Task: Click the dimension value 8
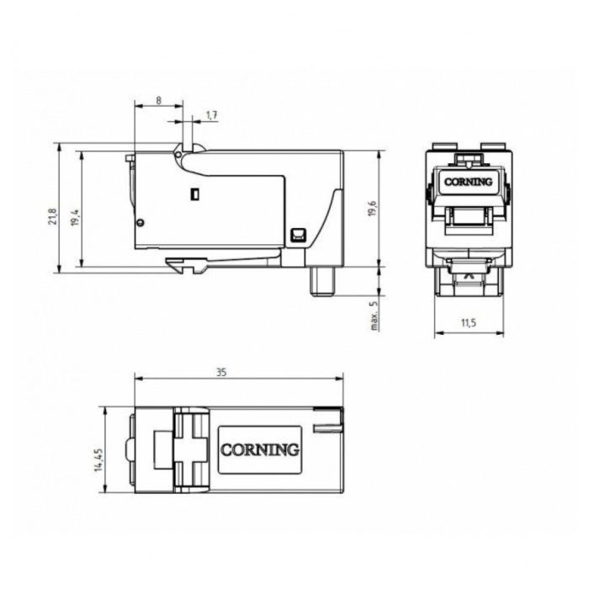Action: (x=158, y=100)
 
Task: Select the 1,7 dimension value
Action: (x=212, y=115)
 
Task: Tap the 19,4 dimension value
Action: (x=76, y=217)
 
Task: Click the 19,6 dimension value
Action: (x=372, y=208)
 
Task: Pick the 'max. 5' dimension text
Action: (x=374, y=316)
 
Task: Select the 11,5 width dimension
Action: (x=469, y=322)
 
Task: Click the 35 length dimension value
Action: (x=221, y=372)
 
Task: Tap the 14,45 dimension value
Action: (x=99, y=459)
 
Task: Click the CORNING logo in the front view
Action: (x=468, y=183)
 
